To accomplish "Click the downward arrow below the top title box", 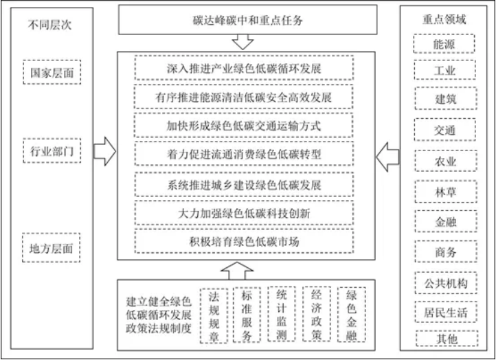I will point(243,42).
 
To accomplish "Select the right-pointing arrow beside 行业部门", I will point(104,151).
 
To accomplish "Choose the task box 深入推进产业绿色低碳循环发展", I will point(243,69).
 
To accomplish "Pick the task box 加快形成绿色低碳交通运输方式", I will point(243,126).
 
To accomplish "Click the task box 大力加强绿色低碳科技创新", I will point(243,213).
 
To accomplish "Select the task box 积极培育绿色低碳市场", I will point(243,242).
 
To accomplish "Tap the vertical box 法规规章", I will point(213,315).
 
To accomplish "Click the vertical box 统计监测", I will point(282,315).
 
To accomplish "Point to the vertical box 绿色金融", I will point(352,315).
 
